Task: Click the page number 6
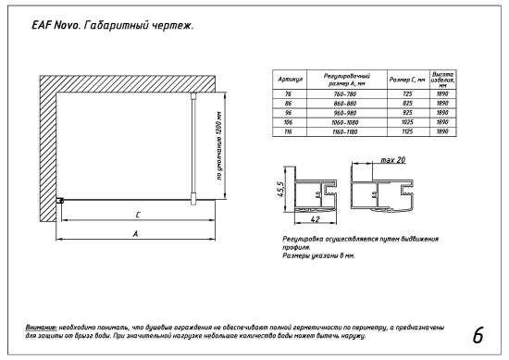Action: pos(477,334)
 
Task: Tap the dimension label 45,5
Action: pos(279,192)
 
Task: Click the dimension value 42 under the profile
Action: pos(316,221)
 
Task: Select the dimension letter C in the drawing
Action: pos(137,215)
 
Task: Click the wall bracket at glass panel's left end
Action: pos(59,201)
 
